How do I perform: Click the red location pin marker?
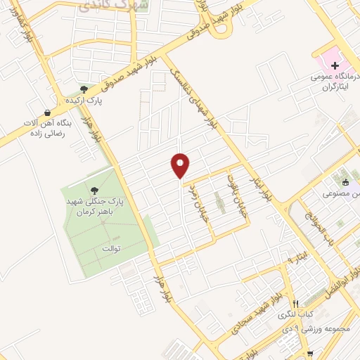click(x=181, y=165)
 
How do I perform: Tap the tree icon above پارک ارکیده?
click(x=84, y=89)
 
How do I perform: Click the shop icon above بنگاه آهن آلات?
click(x=47, y=112)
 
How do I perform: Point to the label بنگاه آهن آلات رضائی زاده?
click(x=44, y=129)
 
